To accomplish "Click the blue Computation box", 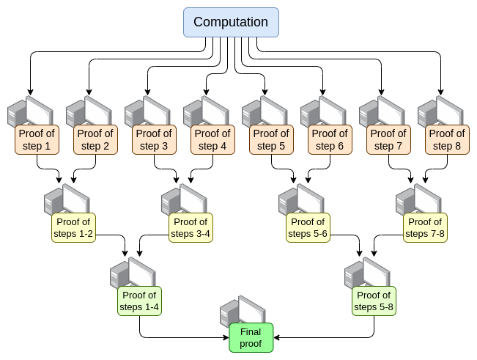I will [x=231, y=22].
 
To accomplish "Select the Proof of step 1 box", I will [x=37, y=139].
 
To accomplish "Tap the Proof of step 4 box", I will [x=212, y=139].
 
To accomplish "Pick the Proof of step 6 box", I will [x=330, y=139].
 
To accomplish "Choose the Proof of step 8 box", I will [x=447, y=139].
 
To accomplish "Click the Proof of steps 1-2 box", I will [x=73, y=227].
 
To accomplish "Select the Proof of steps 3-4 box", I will [x=191, y=227].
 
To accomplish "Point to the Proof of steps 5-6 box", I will [x=308, y=227].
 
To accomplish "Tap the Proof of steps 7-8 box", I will [x=425, y=227].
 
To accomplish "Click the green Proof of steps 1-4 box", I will [x=138, y=301].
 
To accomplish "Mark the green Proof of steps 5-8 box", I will [x=374, y=301].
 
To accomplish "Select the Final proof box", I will [x=251, y=337].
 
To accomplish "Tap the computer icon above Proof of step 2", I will [x=88, y=111].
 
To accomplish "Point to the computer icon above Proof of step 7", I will [x=381, y=111].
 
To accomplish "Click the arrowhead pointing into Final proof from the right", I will [x=277, y=337].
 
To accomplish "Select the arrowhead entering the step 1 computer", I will [x=29, y=91].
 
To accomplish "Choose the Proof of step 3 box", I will [x=154, y=139].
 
